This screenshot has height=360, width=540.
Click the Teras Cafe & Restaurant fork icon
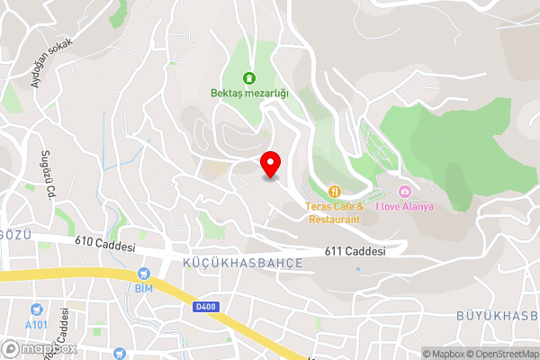(334, 191)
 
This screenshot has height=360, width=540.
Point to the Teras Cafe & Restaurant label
(334, 212)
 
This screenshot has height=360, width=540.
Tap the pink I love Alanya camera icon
(405, 192)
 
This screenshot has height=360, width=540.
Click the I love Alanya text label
(405, 207)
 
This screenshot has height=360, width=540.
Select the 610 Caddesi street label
(105, 245)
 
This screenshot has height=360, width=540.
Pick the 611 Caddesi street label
(355, 252)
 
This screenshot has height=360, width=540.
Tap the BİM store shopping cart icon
(142, 274)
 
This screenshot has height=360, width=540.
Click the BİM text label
(142, 288)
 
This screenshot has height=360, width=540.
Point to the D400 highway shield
(204, 307)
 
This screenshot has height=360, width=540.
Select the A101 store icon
(36, 310)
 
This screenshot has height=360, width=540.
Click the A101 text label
(36, 324)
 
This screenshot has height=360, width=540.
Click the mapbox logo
(38, 348)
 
